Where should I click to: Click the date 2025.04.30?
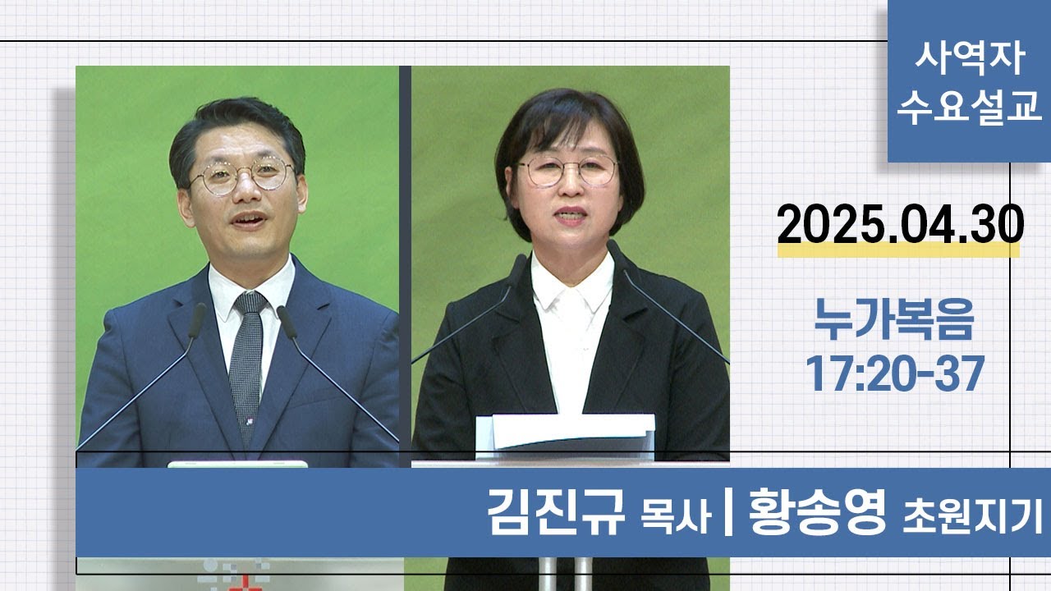coord(900,224)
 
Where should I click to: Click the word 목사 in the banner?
coord(674,518)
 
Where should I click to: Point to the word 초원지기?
coord(972,518)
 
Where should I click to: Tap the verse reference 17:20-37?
coord(894,374)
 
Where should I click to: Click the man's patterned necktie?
coord(247,361)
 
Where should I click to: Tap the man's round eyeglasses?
coord(242,175)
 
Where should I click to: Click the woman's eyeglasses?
coord(567,171)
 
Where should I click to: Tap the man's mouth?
coord(248,221)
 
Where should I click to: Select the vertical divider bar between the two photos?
coord(405,263)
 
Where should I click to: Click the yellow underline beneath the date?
coord(898,250)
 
